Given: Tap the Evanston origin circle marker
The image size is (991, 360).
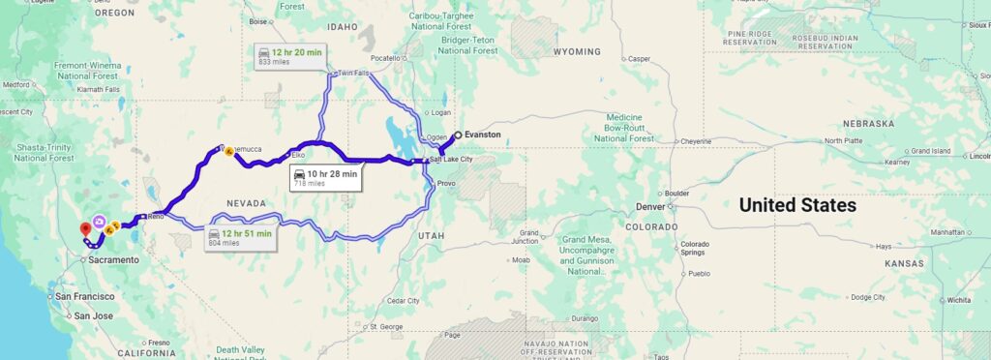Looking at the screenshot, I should click(x=458, y=135).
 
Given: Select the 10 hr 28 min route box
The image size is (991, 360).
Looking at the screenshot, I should click(x=326, y=178).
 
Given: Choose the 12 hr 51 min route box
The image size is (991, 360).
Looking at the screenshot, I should click(x=241, y=237).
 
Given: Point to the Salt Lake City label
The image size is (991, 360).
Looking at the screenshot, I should click(x=452, y=159).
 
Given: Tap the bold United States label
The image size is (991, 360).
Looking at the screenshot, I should click(x=797, y=205).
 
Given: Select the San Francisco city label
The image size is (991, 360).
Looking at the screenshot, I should click(x=85, y=296).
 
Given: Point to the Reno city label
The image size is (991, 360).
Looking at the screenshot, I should click(x=156, y=217).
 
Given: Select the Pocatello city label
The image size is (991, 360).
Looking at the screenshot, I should click(x=386, y=58).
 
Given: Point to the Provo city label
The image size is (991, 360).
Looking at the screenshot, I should click(x=446, y=183).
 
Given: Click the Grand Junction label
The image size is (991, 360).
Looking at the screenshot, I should click(x=529, y=237).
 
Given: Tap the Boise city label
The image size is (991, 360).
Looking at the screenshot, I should click(x=257, y=20).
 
